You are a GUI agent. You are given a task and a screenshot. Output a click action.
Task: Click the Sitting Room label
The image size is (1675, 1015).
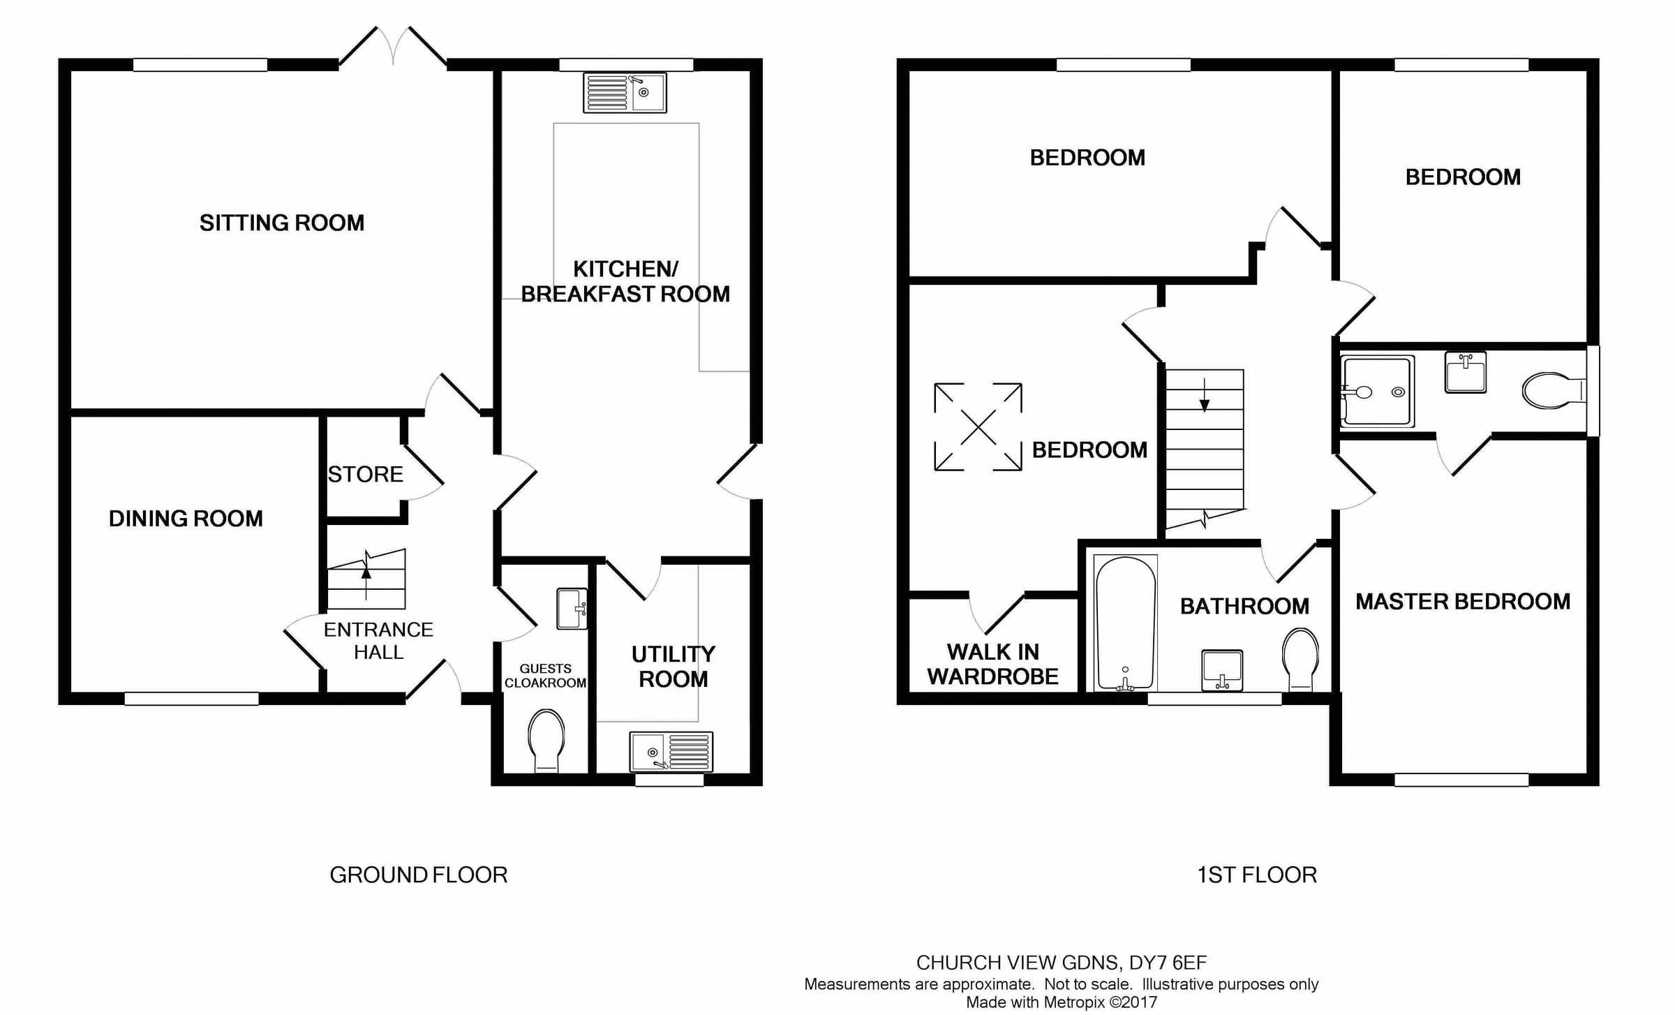[282, 223]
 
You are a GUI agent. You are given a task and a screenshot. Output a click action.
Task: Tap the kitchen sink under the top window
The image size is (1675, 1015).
[625, 94]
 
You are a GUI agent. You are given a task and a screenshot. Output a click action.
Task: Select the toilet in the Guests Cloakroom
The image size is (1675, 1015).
[546, 741]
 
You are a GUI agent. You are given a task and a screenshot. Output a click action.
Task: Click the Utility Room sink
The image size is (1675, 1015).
[671, 751]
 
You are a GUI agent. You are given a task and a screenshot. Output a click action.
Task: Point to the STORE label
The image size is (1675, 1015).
[365, 475]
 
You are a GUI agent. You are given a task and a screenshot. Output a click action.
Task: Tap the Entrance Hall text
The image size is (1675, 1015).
[378, 641]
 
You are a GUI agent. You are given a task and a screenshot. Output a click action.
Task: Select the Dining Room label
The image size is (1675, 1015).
[186, 519]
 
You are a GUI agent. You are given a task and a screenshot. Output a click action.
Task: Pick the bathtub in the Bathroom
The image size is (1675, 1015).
[1125, 623]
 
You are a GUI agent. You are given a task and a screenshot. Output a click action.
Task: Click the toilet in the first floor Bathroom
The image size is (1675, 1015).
[1300, 658]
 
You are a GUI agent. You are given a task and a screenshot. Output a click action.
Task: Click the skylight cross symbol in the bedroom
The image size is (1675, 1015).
[978, 427]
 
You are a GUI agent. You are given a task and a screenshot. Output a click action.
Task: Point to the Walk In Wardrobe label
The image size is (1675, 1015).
[992, 664]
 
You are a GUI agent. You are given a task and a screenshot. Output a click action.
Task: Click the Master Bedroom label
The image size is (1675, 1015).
[1463, 602]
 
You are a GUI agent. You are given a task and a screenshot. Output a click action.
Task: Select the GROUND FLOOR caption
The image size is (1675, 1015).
[418, 875]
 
